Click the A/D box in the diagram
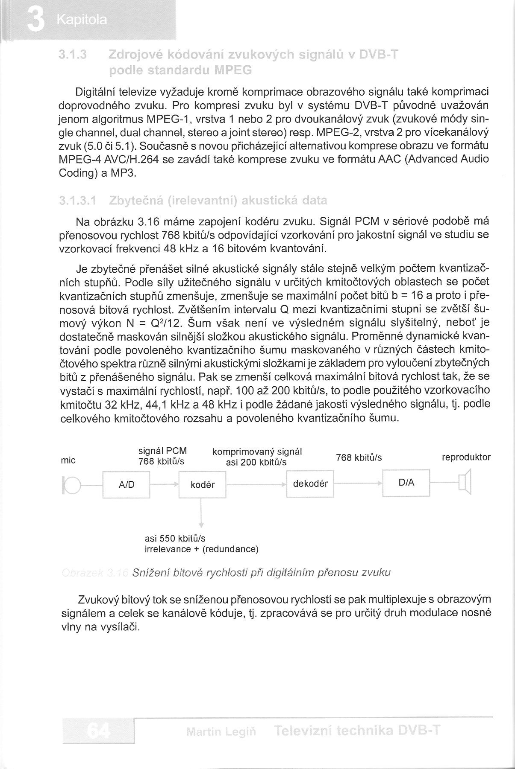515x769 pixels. coord(126,484)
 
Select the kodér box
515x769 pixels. coord(202,485)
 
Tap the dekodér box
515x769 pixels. coord(310,484)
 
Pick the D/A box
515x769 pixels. coord(406,483)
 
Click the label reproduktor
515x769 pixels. coord(466,457)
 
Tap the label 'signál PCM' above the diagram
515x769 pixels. coord(163,451)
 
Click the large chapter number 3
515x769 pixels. coord(35,20)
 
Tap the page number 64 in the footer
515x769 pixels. coord(98,731)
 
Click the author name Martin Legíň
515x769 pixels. coord(221,732)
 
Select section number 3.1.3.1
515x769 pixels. coord(78,200)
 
